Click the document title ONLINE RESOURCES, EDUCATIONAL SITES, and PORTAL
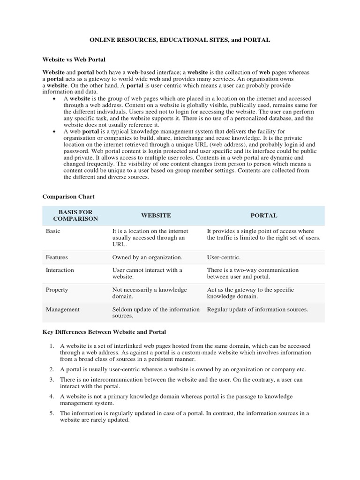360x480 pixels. coord(180,40)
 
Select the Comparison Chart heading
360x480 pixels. coord(68,197)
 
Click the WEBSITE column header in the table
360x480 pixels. coord(156,216)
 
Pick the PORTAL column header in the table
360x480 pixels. coord(263,216)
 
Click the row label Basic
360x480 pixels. coord(53,231)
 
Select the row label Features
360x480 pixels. coord(57,257)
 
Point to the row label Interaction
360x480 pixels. coord(60,270)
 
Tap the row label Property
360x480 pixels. coord(57,290)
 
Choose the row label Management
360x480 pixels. coord(62,309)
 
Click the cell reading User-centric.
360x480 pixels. coord(224,257)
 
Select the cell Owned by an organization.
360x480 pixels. coord(147,257)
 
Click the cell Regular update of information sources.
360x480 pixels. coord(257,309)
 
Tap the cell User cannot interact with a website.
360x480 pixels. coord(147,273)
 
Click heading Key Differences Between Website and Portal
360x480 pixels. coord(104,332)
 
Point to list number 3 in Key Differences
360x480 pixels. coord(52,380)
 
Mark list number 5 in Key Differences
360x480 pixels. coord(52,413)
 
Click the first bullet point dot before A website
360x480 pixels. coord(55,99)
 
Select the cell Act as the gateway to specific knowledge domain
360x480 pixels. coord(250,293)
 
